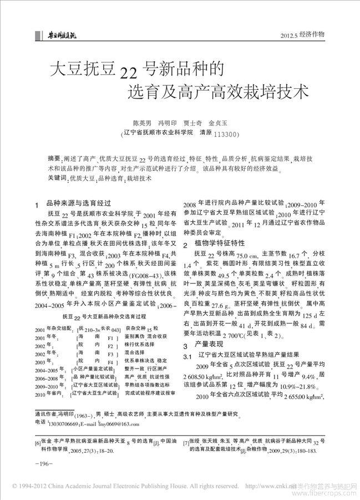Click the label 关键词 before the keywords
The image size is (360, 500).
point(57,178)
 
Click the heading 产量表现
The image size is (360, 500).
point(206,344)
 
